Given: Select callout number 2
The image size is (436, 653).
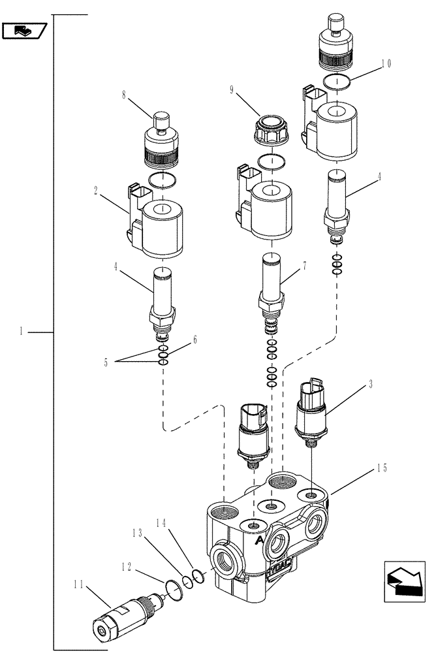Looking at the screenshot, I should point(96,191).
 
